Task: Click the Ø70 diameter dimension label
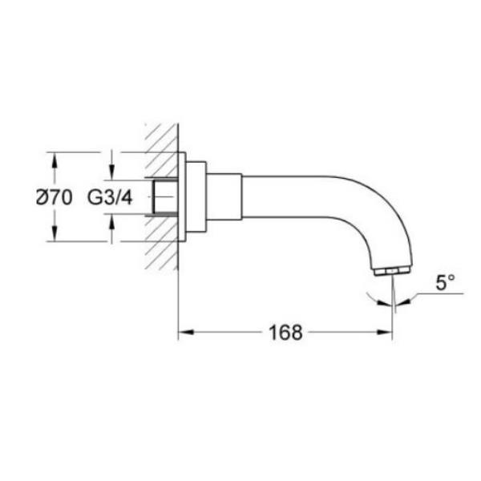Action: click(x=55, y=197)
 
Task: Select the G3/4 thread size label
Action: click(x=110, y=197)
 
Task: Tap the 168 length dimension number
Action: click(x=285, y=332)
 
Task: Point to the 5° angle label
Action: click(x=445, y=282)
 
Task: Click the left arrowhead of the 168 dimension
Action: click(x=186, y=332)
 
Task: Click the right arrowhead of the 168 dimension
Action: click(x=385, y=332)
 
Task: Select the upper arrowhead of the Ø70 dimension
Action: click(x=55, y=160)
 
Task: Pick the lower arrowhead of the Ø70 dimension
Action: click(x=55, y=233)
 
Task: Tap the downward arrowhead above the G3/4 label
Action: click(x=112, y=172)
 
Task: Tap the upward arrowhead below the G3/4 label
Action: click(x=112, y=221)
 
